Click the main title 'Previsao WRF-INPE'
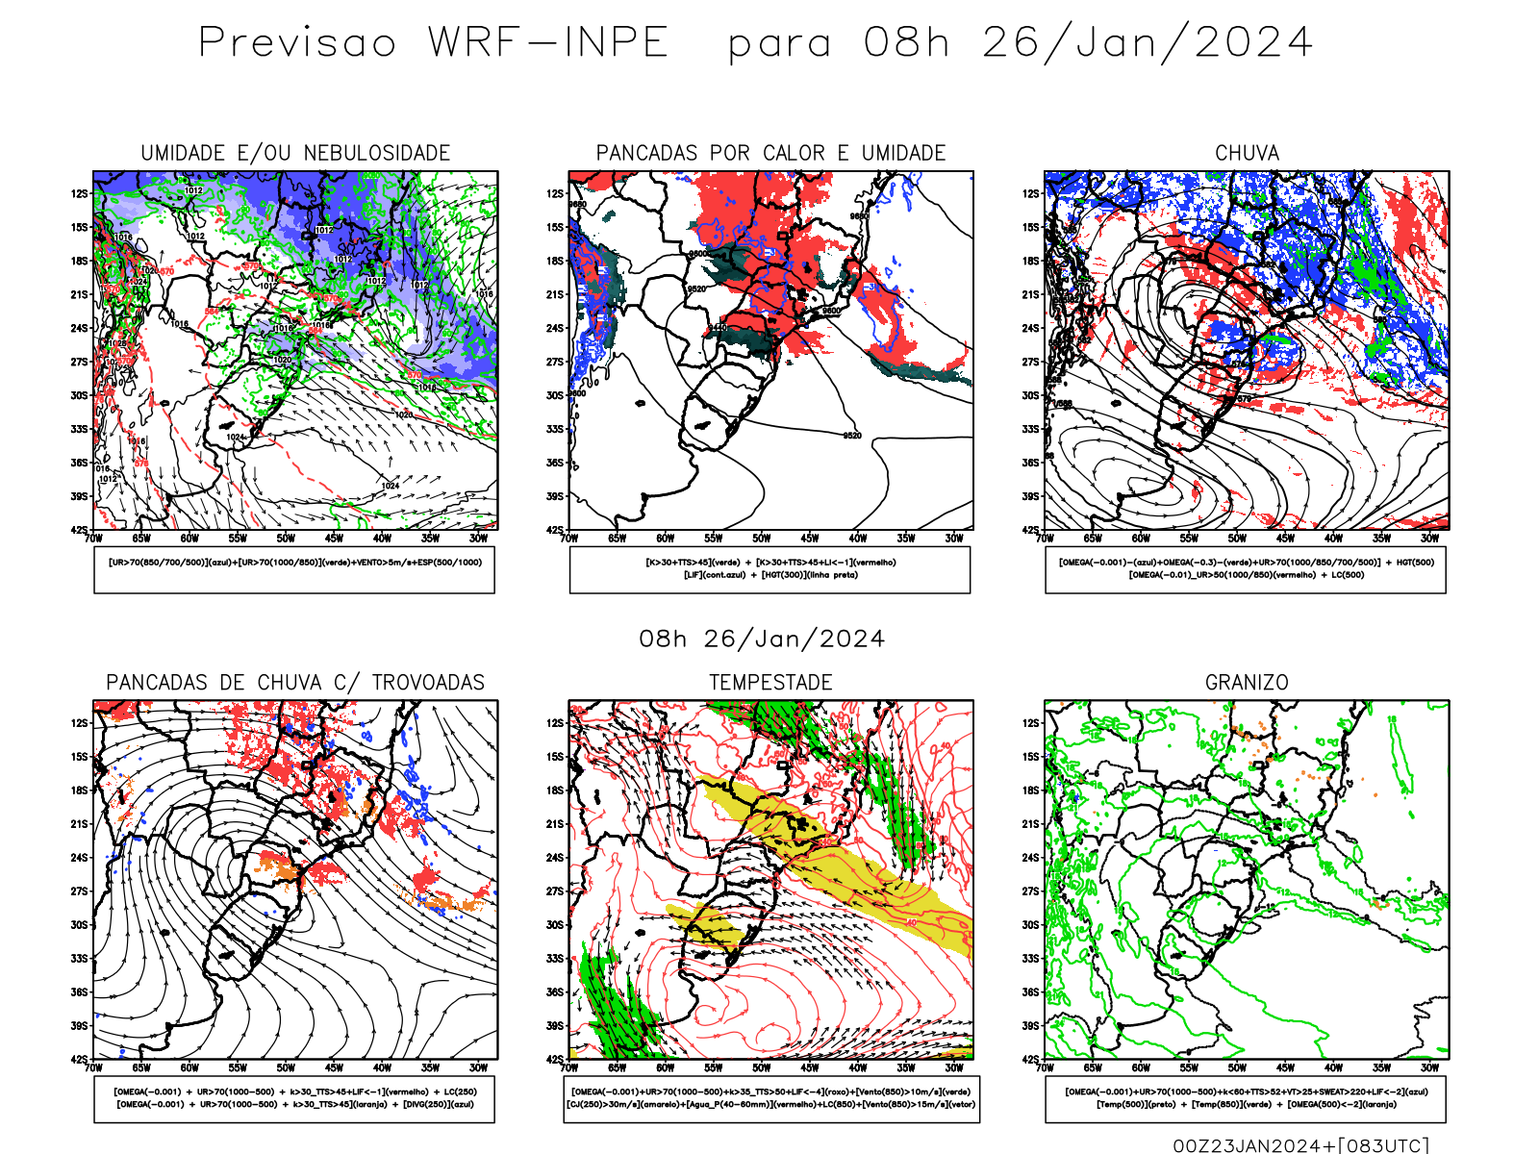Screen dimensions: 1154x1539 pos(433,43)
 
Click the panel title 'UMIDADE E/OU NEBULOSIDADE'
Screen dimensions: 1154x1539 pos(295,153)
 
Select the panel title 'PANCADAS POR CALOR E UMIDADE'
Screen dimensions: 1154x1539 pos(770,153)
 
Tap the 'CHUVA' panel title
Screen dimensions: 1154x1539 pos(1247,153)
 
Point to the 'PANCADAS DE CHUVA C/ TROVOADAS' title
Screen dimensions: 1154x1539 pos(295,683)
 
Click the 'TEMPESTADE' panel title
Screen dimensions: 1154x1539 pos(770,683)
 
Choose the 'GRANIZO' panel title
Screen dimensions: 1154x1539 pos(1247,683)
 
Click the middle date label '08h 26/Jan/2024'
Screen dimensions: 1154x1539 pos(762,640)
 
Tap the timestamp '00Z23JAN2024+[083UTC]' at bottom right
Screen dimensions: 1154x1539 pos(1300,1145)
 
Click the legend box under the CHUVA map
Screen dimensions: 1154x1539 pos(1246,569)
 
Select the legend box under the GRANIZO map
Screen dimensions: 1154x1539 pos(1246,1098)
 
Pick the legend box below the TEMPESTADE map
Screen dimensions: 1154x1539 pos(770,1098)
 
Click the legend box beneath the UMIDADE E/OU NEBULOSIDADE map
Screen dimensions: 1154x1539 pos(294,569)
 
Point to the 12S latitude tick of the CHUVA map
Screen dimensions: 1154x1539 pos(1031,194)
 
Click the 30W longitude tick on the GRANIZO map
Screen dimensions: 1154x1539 pos(1429,1067)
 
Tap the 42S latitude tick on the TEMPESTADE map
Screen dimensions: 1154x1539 pos(555,1060)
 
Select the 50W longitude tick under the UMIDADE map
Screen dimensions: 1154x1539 pos(286,539)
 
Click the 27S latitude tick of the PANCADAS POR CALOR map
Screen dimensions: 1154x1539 pos(555,363)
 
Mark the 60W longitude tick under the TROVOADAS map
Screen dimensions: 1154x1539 pos(189,1067)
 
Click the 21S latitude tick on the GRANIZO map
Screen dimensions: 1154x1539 pos(1031,824)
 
